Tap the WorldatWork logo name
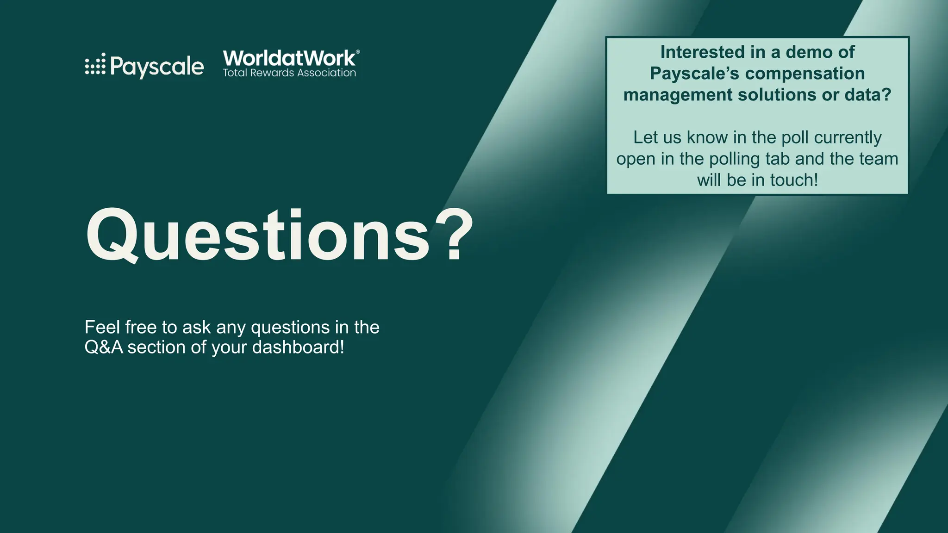pyautogui.click(x=289, y=58)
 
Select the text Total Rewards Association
pyautogui.click(x=289, y=73)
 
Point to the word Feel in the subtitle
pyautogui.click(x=102, y=328)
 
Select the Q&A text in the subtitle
pyautogui.click(x=104, y=347)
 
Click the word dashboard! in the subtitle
pyautogui.click(x=298, y=347)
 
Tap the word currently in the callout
pyautogui.click(x=848, y=137)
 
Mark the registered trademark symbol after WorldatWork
pyautogui.click(x=357, y=52)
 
